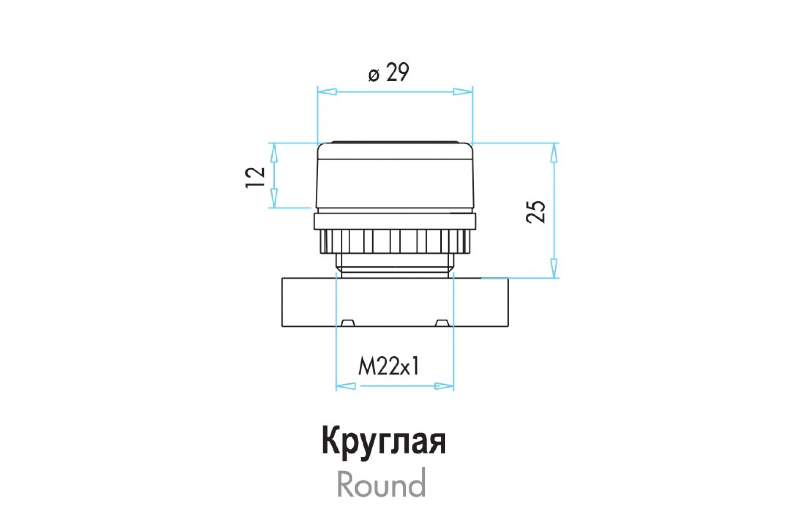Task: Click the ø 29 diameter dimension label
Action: [x=389, y=72]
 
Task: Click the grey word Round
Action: [x=381, y=483]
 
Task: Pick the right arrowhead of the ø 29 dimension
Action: [x=463, y=92]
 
